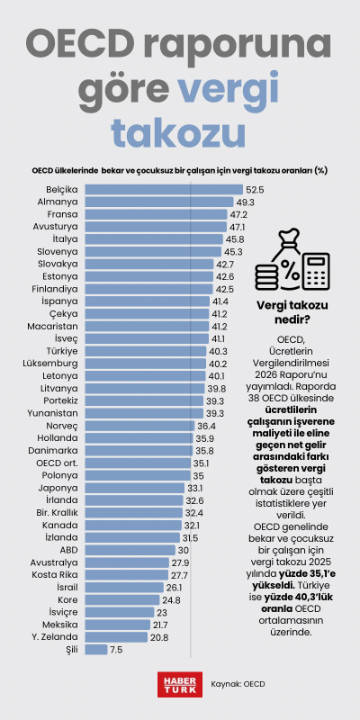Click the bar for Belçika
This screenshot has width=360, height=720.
(x=163, y=190)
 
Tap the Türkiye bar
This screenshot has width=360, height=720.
(x=144, y=350)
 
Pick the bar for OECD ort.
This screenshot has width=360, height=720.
(x=136, y=462)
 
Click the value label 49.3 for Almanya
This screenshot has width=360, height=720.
(x=246, y=202)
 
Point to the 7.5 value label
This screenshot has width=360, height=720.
(x=116, y=649)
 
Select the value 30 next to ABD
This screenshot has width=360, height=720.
(x=183, y=549)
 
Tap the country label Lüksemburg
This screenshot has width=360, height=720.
(x=50, y=363)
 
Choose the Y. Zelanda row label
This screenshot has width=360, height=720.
(x=57, y=636)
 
